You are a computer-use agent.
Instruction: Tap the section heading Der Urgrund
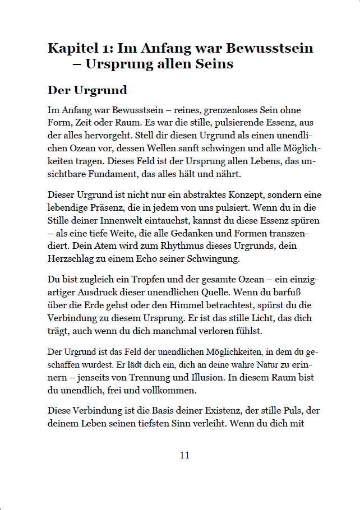click(87, 90)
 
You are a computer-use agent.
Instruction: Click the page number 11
click(185, 455)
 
